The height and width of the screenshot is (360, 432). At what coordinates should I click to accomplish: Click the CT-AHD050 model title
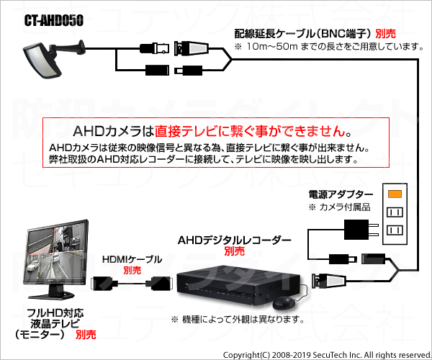tap(54, 20)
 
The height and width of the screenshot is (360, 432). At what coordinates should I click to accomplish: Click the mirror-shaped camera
tap(43, 61)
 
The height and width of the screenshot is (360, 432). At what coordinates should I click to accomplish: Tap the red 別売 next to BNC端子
tap(385, 34)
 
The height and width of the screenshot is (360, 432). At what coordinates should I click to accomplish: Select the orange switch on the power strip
tap(395, 194)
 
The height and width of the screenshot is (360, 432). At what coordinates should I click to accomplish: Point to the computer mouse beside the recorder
tap(284, 302)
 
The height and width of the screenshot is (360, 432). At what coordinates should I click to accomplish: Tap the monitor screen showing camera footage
tap(57, 251)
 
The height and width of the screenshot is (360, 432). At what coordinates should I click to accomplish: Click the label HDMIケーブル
tap(132, 259)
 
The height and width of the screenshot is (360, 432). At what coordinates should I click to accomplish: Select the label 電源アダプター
tap(341, 194)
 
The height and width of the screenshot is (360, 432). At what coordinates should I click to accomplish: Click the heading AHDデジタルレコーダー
tap(235, 240)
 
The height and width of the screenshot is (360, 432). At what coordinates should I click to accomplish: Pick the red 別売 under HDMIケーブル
tap(132, 270)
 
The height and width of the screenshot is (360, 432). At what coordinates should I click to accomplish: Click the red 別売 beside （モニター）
tap(86, 335)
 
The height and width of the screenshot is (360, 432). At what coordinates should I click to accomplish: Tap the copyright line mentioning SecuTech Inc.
tap(327, 355)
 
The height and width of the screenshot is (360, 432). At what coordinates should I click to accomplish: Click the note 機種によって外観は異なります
tap(238, 320)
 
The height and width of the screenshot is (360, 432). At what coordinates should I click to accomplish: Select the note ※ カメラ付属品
tap(339, 207)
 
